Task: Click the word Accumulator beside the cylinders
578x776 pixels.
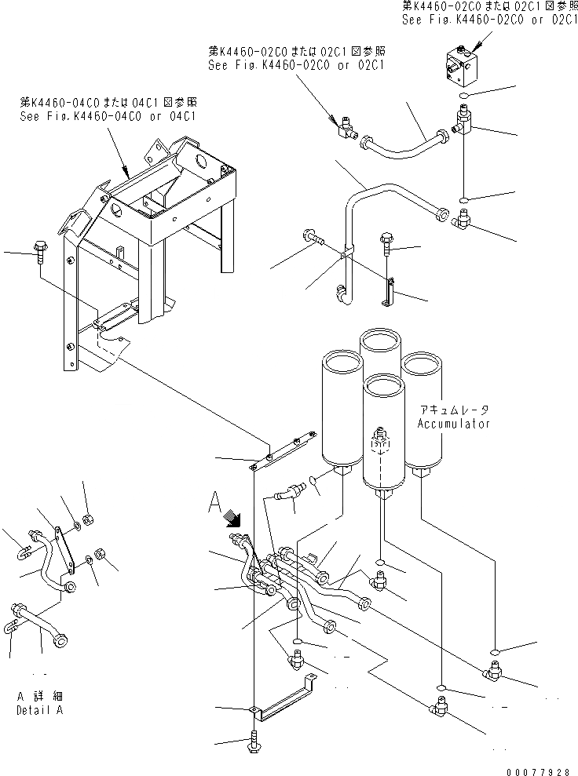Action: point(455,424)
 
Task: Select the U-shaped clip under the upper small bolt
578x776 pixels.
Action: point(387,293)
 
